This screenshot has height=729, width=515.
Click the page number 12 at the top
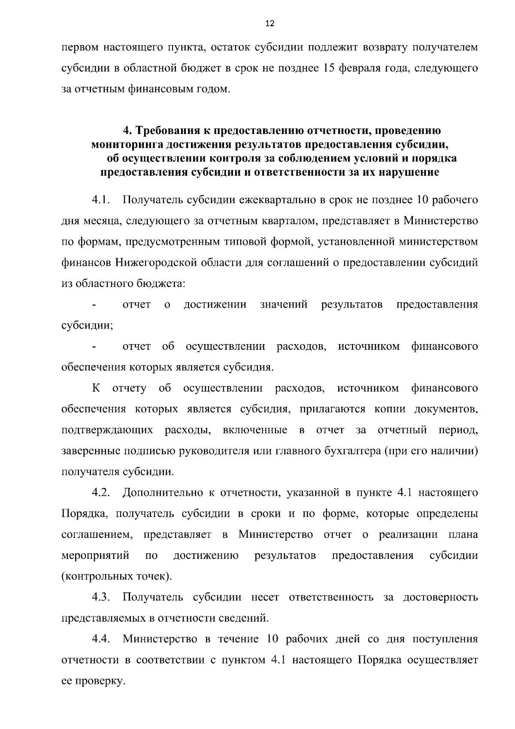click(270, 24)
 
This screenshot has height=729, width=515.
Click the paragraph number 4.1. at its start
click(102, 200)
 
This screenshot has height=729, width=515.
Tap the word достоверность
click(440, 598)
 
